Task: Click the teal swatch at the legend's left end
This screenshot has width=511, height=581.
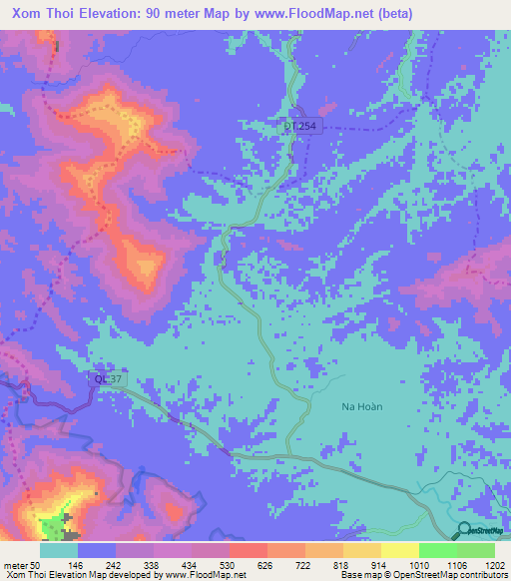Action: [59, 550]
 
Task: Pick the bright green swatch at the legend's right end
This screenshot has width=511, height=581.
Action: [475, 550]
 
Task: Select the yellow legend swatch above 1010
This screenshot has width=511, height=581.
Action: [399, 550]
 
